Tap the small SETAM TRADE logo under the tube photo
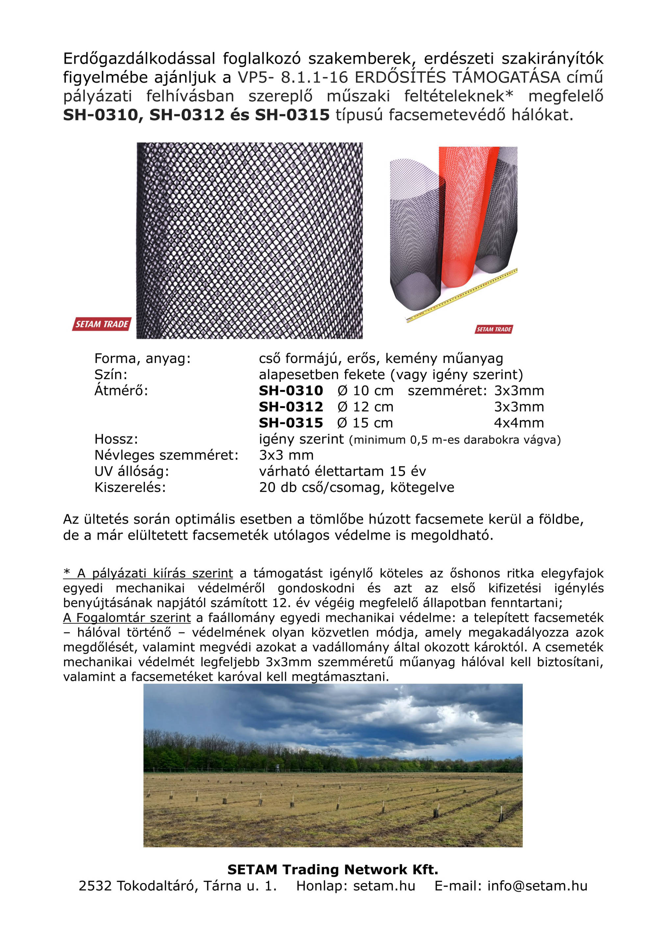pyautogui.click(x=493, y=329)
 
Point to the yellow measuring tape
pyautogui.click(x=462, y=296)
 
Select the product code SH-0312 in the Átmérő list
pyautogui.click(x=291, y=407)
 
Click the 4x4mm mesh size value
pyautogui.click(x=519, y=423)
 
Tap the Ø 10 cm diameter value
pyautogui.click(x=365, y=391)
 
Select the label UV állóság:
pyautogui.click(x=131, y=471)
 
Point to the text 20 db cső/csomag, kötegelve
pyautogui.click(x=356, y=487)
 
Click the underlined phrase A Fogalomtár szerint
pyautogui.click(x=127, y=618)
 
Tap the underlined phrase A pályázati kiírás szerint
pyautogui.click(x=148, y=573)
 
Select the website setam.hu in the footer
pyautogui.click(x=384, y=886)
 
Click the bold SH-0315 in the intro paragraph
pyautogui.click(x=292, y=115)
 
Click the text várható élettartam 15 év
pyautogui.click(x=342, y=471)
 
